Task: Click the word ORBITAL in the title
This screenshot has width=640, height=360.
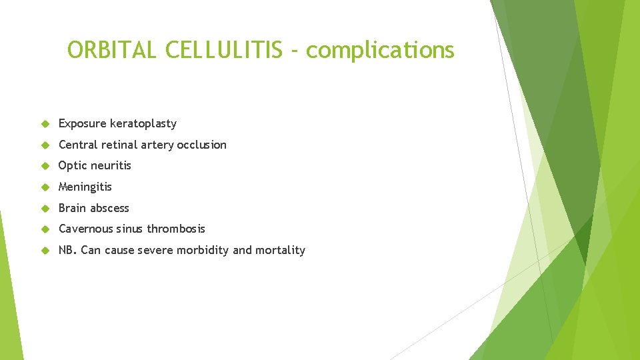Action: pyautogui.click(x=112, y=50)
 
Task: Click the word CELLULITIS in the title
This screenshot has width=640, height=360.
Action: pyautogui.click(x=223, y=50)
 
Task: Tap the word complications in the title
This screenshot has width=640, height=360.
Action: pyautogui.click(x=380, y=50)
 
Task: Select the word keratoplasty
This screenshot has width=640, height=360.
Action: pyautogui.click(x=143, y=123)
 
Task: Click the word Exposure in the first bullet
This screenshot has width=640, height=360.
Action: pyautogui.click(x=83, y=123)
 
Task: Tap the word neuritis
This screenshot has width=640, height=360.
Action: pyautogui.click(x=111, y=165)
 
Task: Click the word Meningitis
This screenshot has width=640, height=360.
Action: pyautogui.click(x=85, y=187)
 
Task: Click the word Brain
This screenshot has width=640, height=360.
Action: pyautogui.click(x=72, y=208)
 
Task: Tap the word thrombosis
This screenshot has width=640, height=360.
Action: pyautogui.click(x=176, y=229)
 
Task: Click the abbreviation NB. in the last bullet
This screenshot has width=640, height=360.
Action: pyautogui.click(x=67, y=250)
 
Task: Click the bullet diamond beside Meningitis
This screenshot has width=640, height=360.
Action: pyautogui.click(x=45, y=187)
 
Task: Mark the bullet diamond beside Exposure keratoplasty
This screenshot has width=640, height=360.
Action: pyautogui.click(x=45, y=123)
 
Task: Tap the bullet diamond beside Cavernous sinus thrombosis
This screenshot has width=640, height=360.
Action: pyautogui.click(x=45, y=229)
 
